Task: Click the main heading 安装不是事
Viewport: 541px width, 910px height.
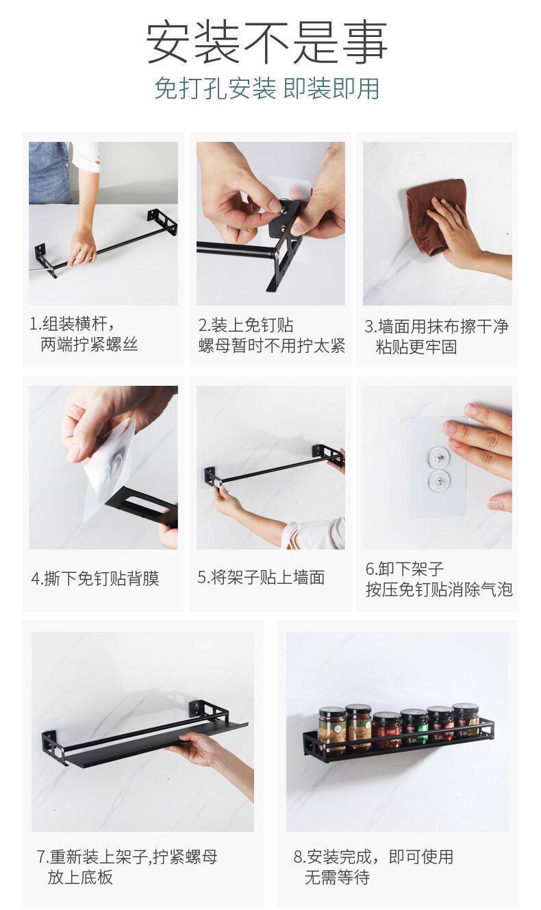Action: click(266, 42)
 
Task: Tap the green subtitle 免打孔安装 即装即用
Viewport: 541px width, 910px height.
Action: click(266, 88)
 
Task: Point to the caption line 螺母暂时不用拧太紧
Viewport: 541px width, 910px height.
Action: click(271, 346)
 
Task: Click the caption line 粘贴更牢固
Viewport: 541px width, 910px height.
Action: click(416, 347)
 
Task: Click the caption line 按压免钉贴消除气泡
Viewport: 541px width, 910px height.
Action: click(439, 589)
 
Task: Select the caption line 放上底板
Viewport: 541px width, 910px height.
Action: click(80, 877)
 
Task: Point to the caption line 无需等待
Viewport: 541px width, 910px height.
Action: click(337, 877)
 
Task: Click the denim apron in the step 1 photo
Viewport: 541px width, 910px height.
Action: click(50, 172)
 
